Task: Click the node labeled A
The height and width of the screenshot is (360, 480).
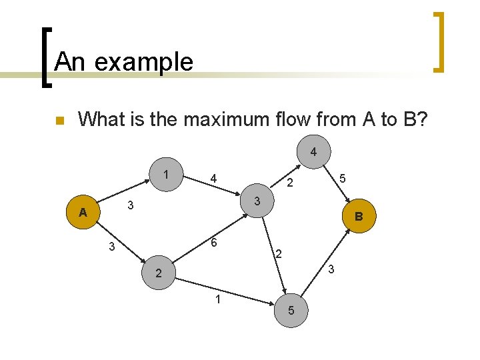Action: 83,213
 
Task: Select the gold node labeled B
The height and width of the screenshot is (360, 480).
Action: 359,216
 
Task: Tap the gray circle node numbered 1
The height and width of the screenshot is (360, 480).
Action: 165,175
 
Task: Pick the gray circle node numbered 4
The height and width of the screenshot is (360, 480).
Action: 313,153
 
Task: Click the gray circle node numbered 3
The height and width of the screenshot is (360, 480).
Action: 257,201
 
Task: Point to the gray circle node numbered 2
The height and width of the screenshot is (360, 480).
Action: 158,273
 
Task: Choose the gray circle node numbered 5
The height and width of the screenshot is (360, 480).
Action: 291,310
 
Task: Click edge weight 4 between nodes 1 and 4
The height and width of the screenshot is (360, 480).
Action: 213,178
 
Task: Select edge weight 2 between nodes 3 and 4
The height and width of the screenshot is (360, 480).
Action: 290,183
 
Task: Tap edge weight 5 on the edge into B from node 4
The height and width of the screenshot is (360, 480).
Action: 342,178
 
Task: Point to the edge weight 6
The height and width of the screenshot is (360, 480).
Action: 213,243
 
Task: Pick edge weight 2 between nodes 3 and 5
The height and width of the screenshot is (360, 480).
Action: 279,253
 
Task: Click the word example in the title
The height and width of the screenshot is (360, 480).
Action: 145,62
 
